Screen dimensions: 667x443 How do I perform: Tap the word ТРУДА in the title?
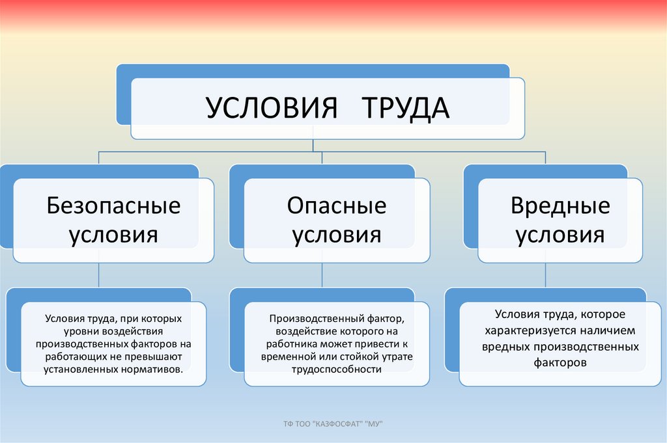tap(403, 108)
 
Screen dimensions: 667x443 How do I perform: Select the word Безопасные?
tap(113, 206)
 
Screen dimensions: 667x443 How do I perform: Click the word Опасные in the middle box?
tap(337, 206)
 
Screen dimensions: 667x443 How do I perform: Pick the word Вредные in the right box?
tap(560, 206)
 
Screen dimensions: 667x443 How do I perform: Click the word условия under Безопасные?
tap(113, 234)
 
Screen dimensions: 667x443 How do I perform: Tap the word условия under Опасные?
tap(337, 234)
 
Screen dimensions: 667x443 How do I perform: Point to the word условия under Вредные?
tap(560, 234)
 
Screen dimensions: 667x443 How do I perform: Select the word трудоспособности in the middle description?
tap(337, 369)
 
